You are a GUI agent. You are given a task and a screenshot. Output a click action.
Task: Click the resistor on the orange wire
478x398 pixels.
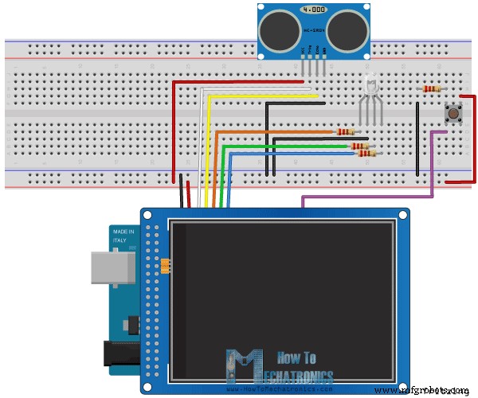(345, 131)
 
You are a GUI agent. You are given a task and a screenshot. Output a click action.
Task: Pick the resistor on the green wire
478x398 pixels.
(358, 146)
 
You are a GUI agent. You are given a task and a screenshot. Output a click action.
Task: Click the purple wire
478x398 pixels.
(366, 196)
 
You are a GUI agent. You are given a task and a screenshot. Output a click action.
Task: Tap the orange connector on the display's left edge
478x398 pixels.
(165, 265)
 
